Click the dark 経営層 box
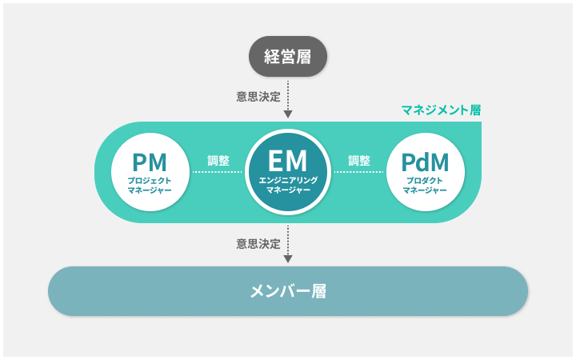[287, 56]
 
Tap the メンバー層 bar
[288, 290]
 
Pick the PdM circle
[425, 172]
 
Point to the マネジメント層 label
[441, 110]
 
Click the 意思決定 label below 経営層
[258, 97]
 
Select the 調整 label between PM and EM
[218, 160]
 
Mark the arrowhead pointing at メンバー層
[288, 258]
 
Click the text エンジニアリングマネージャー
[288, 186]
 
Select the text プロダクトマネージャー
[425, 186]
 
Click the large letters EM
[288, 160]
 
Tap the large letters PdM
[425, 162]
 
